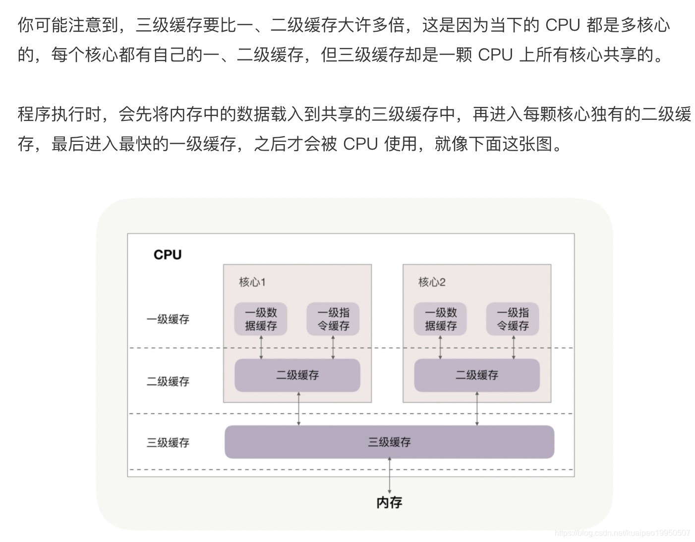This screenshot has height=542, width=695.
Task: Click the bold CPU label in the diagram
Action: [168, 255]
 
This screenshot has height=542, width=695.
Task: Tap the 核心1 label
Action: [252, 282]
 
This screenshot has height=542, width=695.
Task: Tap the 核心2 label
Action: [432, 282]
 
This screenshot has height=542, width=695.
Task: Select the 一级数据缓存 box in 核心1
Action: [261, 319]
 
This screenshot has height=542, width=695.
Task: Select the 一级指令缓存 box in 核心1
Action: [333, 319]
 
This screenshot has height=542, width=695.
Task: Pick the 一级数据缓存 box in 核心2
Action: [441, 319]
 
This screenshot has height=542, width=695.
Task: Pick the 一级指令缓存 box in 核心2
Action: [513, 319]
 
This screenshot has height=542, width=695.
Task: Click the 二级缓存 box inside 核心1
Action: [297, 375]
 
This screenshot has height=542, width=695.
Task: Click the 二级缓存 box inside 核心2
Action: [477, 375]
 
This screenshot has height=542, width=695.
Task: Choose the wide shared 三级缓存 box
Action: [389, 442]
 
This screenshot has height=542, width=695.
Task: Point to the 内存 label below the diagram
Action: [389, 502]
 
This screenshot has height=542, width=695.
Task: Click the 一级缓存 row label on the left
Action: [168, 320]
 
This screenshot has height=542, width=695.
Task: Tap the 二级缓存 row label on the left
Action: [168, 381]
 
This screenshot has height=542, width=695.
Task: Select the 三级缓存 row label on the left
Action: [168, 442]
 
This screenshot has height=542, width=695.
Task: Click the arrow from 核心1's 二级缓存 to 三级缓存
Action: [298, 409]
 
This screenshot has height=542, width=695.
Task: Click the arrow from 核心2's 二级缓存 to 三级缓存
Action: [477, 409]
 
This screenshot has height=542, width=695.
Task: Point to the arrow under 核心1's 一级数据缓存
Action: [261, 347]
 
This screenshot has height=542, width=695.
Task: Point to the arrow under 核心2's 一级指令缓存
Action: [513, 347]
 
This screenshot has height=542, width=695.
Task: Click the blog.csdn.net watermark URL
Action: [623, 533]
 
